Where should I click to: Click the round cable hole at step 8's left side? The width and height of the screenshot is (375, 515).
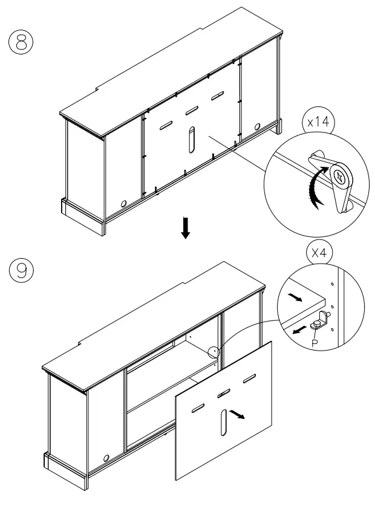pos(124,204)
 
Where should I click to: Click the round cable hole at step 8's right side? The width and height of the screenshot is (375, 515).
pos(258,127)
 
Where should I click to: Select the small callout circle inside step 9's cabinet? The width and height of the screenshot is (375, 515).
pos(212,351)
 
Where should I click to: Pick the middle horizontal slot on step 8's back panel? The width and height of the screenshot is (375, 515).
pos(192,110)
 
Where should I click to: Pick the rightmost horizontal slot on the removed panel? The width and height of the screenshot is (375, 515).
pos(249,380)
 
